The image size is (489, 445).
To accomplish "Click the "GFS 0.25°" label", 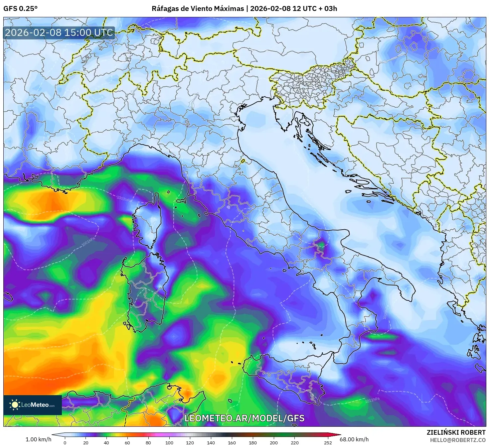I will (20, 9).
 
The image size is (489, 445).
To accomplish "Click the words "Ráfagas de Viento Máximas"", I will (198, 9).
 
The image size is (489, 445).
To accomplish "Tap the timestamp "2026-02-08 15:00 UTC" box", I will (59, 33).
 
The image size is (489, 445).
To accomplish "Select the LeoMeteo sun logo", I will (15, 405).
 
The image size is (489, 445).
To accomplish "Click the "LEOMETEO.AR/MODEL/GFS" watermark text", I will (244, 418).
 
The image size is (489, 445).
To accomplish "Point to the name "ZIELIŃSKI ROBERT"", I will (456, 432).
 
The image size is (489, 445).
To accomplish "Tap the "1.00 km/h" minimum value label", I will (38, 439).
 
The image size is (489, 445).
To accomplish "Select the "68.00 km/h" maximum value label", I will (354, 439).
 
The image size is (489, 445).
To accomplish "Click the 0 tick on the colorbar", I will (65, 442).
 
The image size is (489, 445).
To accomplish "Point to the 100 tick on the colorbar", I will (169, 442).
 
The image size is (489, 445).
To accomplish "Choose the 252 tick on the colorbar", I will (328, 442).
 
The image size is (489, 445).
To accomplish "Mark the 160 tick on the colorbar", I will (232, 442).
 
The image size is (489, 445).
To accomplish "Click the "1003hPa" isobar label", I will (124, 198).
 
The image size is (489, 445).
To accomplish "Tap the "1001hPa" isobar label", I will (89, 243).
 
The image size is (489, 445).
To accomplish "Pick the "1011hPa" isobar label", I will (372, 400).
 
